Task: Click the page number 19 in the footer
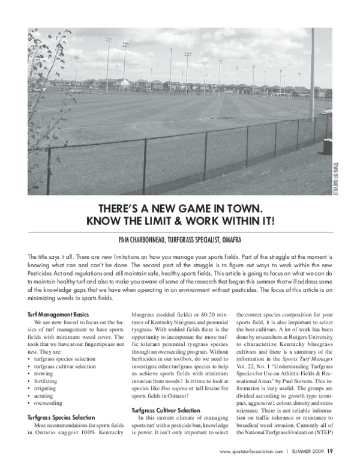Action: tap(331, 451)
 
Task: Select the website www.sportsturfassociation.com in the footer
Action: tap(251, 452)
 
